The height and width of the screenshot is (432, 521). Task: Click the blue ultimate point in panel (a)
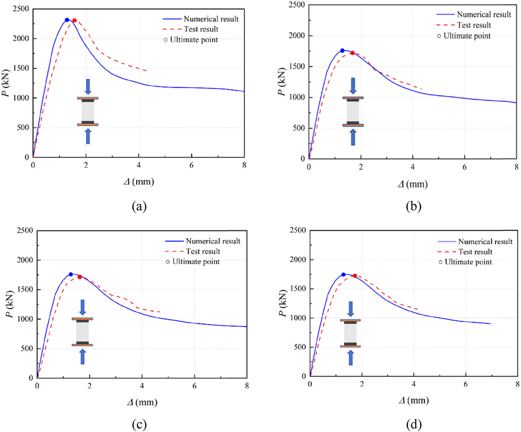pos(67,20)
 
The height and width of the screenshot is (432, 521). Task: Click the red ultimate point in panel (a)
pos(74,20)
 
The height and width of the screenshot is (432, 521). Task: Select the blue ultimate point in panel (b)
pos(342,51)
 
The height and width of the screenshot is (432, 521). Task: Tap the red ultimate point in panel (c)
pos(80,277)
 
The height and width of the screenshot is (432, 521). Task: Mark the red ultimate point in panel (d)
pos(355,276)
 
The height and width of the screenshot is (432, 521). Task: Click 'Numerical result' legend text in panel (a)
pos(211,19)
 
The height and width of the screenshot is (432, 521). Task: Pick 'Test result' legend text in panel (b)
pos(474,25)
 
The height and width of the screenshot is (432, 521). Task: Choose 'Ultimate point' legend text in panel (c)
pos(196,262)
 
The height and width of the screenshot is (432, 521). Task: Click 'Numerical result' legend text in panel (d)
pos(485,241)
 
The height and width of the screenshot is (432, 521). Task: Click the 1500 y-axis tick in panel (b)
pos(297,67)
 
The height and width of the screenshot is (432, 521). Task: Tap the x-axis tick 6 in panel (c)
pos(194,386)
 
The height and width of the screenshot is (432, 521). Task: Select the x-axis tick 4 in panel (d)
pos(414,384)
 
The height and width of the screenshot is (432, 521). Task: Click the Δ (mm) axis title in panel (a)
pos(139,182)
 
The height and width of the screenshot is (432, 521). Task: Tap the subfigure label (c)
pos(139,424)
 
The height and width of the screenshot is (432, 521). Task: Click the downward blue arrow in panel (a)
pos(88,87)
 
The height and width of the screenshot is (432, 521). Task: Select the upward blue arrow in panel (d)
pos(351,358)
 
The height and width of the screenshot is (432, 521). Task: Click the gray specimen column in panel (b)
pos(353,111)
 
